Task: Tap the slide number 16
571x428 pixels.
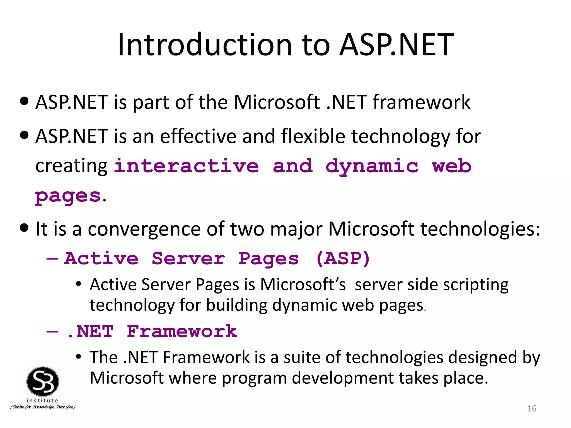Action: [532, 408]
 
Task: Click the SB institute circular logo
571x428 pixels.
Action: [43, 381]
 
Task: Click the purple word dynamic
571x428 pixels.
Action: [372, 166]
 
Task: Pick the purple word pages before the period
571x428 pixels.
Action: [67, 196]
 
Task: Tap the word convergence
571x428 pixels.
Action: [144, 229]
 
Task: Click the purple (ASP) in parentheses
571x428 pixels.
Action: [343, 258]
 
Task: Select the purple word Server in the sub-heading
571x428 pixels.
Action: [188, 258]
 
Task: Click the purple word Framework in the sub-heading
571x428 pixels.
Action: [182, 331]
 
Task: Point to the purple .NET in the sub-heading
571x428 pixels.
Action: [90, 331]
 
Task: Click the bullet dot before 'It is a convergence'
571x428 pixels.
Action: [25, 228]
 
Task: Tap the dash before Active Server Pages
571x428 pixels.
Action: [52, 259]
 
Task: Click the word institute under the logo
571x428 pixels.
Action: [42, 400]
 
